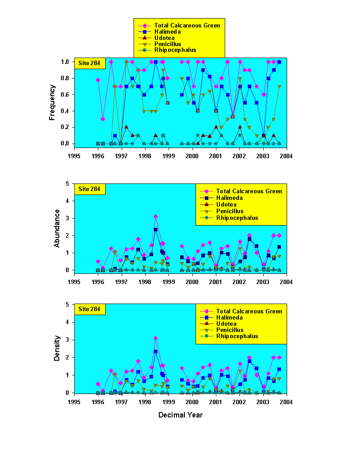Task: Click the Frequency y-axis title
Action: point(52,102)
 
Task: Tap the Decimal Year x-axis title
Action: point(180,415)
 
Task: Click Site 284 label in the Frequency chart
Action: point(90,63)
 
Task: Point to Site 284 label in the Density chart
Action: point(90,309)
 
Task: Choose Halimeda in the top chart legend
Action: point(167,31)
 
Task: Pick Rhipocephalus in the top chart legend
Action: point(175,50)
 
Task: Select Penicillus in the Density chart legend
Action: point(230,330)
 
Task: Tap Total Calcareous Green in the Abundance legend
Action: point(249,191)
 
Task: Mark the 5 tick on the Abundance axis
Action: point(68,183)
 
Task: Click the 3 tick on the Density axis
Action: point(68,340)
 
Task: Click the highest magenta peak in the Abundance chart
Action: point(156,216)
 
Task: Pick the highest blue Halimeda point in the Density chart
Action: point(156,351)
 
